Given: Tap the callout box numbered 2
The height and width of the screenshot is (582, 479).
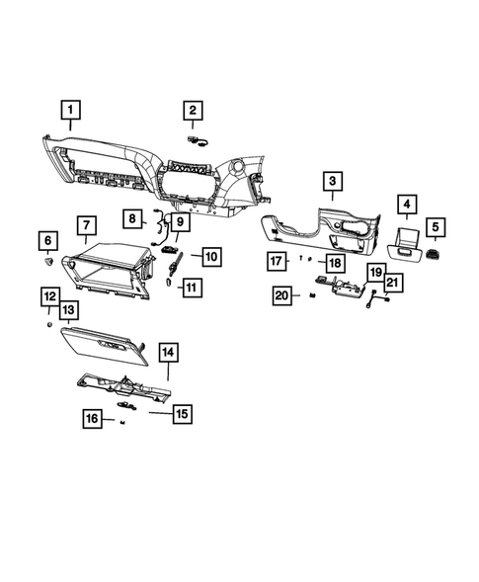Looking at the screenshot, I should pyautogui.click(x=194, y=112).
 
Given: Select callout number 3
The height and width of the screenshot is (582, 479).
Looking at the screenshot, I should pyautogui.click(x=332, y=180).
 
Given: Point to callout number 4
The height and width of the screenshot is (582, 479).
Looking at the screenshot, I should pyautogui.click(x=404, y=205).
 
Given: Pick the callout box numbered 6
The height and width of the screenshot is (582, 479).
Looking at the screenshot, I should pyautogui.click(x=46, y=240).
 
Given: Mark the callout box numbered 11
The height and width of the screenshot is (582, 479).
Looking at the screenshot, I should pyautogui.click(x=191, y=288).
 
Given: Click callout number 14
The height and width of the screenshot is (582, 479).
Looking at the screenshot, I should pyautogui.click(x=168, y=352).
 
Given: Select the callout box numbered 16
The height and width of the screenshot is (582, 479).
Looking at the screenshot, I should pyautogui.click(x=93, y=419).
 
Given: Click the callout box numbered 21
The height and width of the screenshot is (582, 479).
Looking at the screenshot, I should pyautogui.click(x=392, y=284).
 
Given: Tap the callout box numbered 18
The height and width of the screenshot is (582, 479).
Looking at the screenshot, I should pyautogui.click(x=335, y=263).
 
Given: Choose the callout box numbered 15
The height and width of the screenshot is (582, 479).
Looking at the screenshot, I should pyautogui.click(x=183, y=414).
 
